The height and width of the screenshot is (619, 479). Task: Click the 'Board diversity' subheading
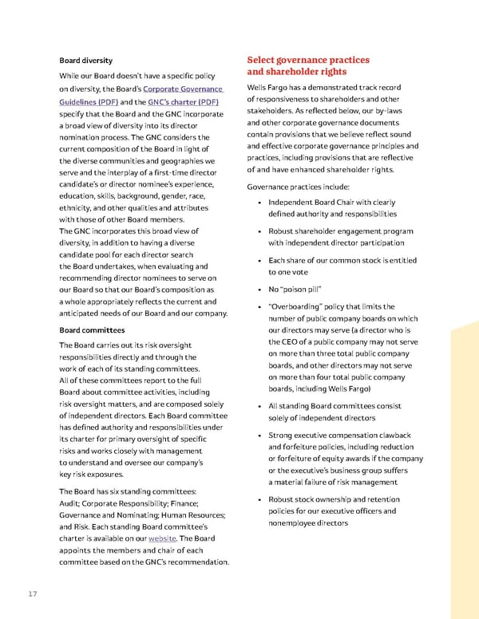point(86,60)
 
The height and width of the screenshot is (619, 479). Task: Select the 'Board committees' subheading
point(92,329)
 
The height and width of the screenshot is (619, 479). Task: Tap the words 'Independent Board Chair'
point(315,203)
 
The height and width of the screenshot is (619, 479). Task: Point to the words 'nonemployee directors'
point(308,523)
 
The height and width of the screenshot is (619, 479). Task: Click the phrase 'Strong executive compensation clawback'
point(340,435)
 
